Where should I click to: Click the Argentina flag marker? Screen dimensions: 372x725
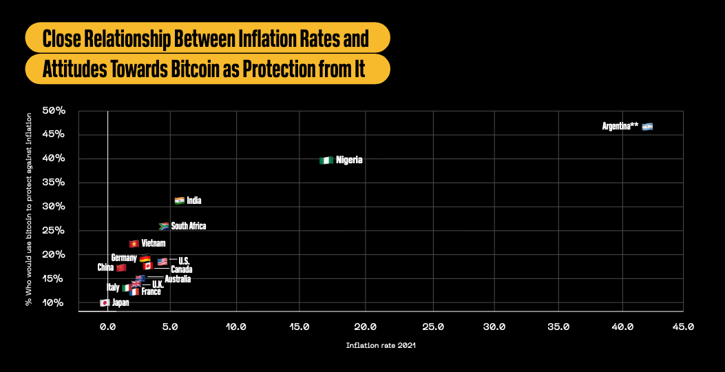[x=647, y=127]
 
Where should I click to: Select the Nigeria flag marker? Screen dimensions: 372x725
[x=326, y=161]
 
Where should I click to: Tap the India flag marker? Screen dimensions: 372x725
[x=180, y=201]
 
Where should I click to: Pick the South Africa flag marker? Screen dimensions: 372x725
[x=164, y=226]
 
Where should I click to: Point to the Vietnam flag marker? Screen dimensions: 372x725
[x=134, y=243]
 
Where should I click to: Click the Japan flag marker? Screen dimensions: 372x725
[x=105, y=302]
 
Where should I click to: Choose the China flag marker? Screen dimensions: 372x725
[x=121, y=267]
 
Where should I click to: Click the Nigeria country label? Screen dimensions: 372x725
[x=349, y=161]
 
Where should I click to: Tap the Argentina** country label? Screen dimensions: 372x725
[x=620, y=127]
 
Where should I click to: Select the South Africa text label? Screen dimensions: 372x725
[x=189, y=226]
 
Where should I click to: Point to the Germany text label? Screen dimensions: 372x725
[x=124, y=258]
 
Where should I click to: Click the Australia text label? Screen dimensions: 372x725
[x=178, y=279]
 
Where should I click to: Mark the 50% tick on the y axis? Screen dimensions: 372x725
[x=54, y=110]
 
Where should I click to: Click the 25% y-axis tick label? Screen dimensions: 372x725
[x=54, y=231]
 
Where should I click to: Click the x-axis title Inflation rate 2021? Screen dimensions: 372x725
[x=381, y=346]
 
